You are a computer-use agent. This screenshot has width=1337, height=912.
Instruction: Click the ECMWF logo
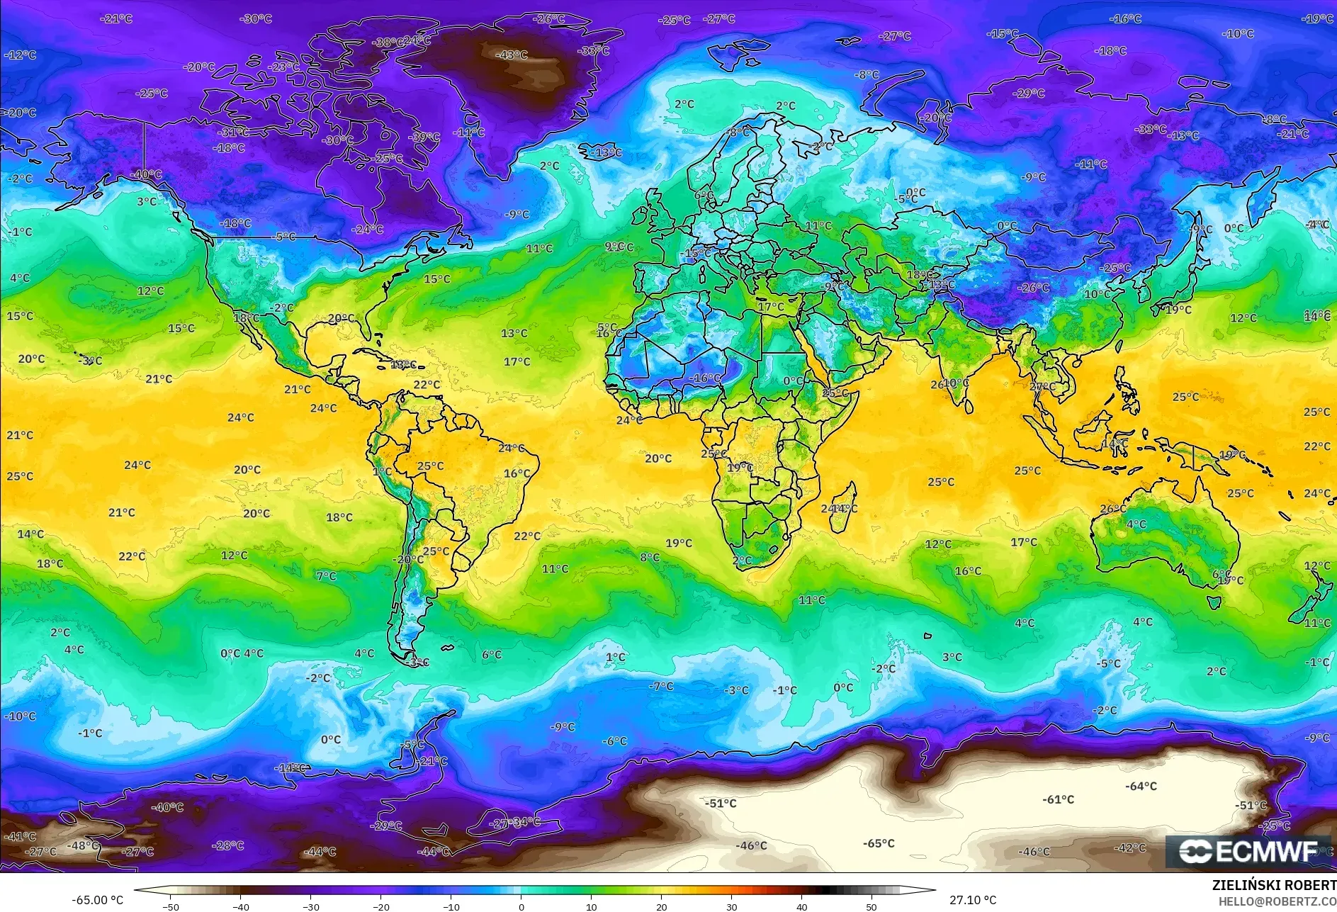(1249, 851)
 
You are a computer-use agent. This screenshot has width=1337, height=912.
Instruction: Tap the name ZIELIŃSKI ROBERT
(1273, 885)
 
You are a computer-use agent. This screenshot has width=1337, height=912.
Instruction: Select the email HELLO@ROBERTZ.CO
(1277, 901)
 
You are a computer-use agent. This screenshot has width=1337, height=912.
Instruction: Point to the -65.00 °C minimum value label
(97, 900)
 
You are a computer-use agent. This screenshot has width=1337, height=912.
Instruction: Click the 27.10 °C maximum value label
(972, 900)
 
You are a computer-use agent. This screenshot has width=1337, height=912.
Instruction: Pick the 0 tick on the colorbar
(521, 906)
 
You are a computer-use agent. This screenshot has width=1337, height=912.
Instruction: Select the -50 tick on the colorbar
(170, 906)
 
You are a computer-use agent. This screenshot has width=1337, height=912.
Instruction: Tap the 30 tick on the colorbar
(731, 906)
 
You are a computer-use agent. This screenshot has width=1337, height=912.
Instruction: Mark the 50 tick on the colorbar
(871, 906)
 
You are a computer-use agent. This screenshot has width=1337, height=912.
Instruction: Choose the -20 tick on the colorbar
(380, 906)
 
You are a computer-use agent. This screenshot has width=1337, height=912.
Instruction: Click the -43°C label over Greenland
(511, 55)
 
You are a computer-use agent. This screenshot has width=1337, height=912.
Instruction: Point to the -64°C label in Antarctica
(1141, 786)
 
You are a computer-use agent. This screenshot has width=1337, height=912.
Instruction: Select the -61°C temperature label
(1058, 799)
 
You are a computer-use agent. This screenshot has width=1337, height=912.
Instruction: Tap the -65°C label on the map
(879, 843)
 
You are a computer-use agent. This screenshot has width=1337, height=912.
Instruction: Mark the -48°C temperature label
(83, 845)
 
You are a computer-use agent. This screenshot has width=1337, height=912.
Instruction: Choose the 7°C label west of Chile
(326, 576)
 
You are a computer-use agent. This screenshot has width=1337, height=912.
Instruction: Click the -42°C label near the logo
(1129, 848)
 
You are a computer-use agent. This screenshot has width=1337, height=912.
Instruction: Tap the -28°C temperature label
(228, 845)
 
